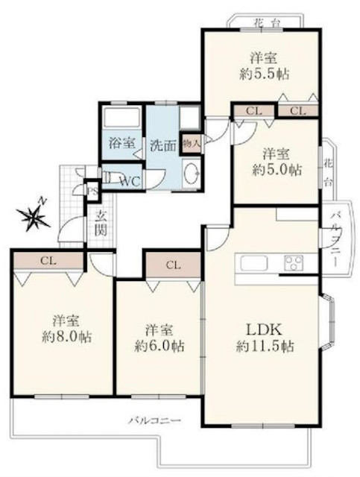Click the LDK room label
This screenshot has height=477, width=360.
(265, 329)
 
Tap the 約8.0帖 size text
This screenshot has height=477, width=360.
(66, 337)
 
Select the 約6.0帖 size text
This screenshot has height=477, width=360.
(160, 346)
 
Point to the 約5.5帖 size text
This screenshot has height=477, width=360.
(264, 74)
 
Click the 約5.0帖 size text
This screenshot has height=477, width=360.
(277, 170)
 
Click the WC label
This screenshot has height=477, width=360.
(130, 182)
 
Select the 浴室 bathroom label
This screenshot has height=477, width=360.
(122, 143)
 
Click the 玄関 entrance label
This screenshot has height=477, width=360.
(101, 224)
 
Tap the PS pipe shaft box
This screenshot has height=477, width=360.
(92, 192)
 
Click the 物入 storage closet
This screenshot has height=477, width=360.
(192, 144)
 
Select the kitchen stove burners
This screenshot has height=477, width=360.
(294, 262)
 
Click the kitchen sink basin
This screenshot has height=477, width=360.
(254, 263)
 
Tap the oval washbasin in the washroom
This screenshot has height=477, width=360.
(192, 173)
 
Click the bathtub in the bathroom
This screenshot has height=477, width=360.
(121, 117)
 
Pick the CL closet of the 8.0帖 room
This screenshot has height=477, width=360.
(48, 260)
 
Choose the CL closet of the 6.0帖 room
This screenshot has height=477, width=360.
(173, 265)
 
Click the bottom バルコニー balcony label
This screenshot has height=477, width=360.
(154, 420)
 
